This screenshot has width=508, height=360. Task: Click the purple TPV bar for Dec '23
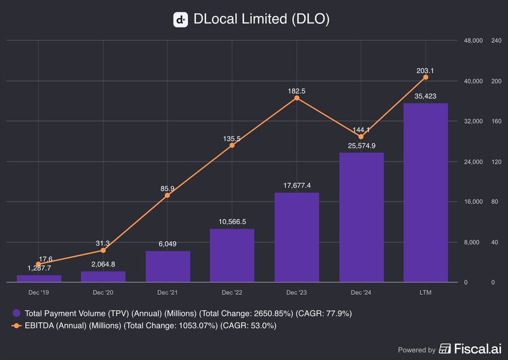(x=297, y=237)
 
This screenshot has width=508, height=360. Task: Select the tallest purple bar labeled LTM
(x=426, y=192)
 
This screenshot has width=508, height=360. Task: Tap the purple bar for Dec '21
(x=168, y=266)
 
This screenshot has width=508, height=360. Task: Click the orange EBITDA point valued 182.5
(x=297, y=98)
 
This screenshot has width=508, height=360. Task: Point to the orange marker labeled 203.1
(x=426, y=77)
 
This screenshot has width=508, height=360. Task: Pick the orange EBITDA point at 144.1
(x=361, y=137)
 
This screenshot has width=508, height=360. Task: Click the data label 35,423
(x=426, y=96)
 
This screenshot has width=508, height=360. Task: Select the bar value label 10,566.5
(x=232, y=222)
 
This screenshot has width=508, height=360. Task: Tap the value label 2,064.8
(x=103, y=264)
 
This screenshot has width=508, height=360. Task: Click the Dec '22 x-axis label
(x=232, y=293)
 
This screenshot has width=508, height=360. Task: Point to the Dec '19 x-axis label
(x=39, y=293)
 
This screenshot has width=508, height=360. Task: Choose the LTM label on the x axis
(x=426, y=293)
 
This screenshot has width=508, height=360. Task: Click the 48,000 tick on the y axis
(x=473, y=41)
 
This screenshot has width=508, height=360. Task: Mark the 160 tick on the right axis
(x=496, y=121)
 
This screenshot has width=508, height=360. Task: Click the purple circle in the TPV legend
(x=17, y=313)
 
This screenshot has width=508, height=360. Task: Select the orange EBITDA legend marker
(x=17, y=326)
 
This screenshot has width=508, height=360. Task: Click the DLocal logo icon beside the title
(x=180, y=20)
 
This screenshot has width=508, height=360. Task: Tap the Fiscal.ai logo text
(x=471, y=349)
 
